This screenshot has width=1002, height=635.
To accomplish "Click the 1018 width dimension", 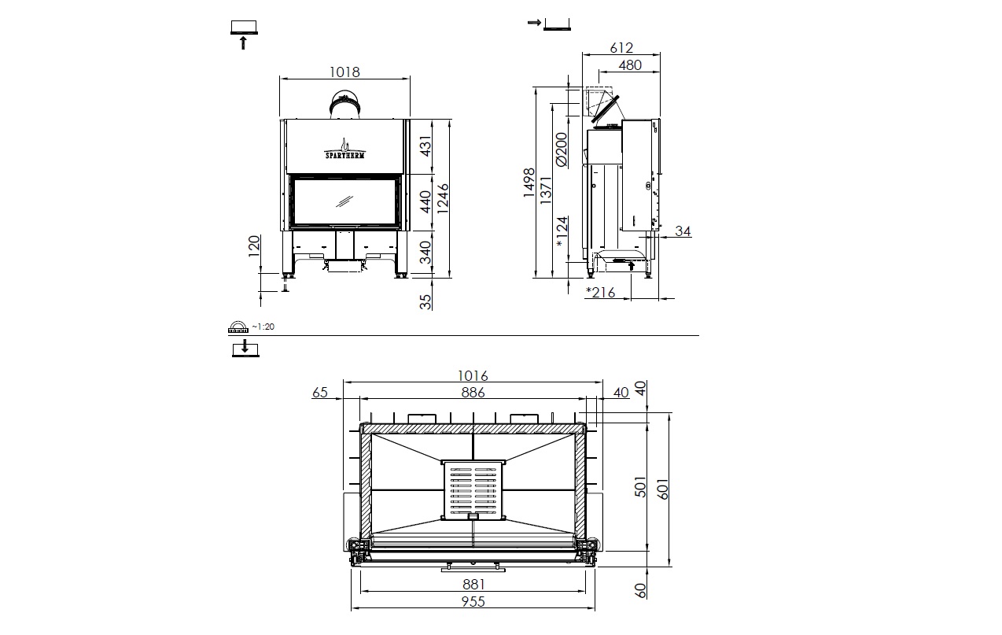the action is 344,72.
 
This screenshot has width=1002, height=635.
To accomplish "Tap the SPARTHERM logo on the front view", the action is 344,149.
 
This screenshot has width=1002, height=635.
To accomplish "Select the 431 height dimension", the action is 425,146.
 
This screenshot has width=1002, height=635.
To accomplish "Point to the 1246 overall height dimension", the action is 442,198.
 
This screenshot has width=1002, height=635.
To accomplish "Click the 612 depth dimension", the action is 621,47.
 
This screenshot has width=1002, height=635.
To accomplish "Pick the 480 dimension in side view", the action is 630,65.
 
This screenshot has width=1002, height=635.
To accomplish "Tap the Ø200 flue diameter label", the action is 561,150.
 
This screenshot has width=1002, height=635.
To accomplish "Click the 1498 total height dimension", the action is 529,183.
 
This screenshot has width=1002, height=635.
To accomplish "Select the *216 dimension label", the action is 601,292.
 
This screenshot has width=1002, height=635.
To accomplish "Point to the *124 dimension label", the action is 561,232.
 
